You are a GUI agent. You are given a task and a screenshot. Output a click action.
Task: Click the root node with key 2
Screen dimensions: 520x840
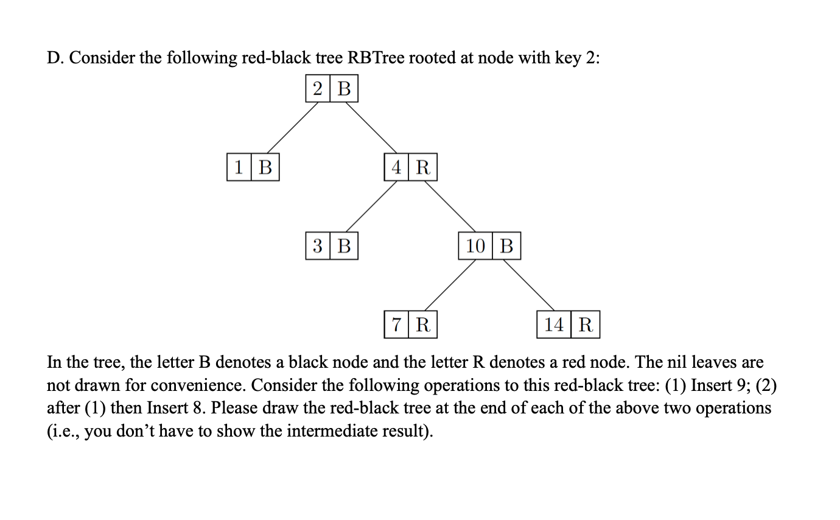point(332,89)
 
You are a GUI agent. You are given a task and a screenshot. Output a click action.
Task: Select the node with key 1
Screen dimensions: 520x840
point(253,167)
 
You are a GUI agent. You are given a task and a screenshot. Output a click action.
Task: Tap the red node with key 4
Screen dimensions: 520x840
point(410,167)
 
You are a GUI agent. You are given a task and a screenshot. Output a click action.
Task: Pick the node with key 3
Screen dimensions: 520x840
point(332,246)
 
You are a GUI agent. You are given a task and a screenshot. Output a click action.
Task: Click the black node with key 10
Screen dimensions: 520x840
point(489,246)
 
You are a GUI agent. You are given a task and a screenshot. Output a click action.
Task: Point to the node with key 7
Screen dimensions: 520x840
point(410,325)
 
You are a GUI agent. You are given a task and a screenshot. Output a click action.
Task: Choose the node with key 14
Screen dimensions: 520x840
point(568,325)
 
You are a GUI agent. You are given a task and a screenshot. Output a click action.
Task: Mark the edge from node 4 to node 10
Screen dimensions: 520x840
point(450,206)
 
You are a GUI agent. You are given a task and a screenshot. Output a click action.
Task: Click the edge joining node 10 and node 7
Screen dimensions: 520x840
point(450,285)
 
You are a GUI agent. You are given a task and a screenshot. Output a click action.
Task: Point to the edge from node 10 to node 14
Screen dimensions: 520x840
point(528,285)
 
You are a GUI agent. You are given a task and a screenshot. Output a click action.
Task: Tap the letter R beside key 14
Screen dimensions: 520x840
point(586,325)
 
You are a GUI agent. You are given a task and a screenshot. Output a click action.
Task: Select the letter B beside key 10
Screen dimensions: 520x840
point(506,246)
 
